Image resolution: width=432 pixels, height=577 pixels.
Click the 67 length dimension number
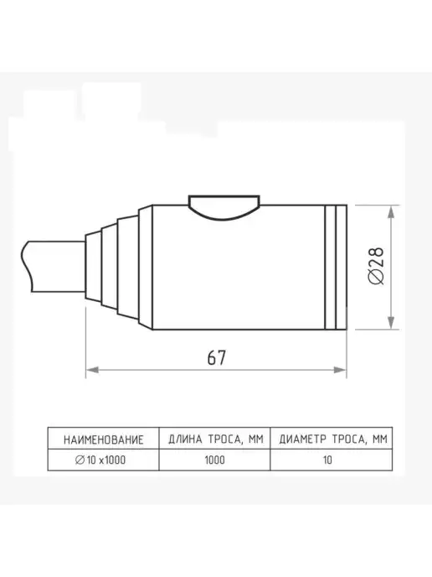(217, 357)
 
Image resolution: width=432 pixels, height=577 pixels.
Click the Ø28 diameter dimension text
(376, 266)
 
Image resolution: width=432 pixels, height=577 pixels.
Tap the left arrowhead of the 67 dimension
(92, 370)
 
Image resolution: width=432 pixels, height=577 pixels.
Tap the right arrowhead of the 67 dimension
(340, 370)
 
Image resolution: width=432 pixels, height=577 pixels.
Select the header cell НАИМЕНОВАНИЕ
(103, 439)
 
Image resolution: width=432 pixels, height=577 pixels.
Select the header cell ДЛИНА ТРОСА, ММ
(215, 439)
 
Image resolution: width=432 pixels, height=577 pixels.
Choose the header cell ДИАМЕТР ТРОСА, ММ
(332, 439)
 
